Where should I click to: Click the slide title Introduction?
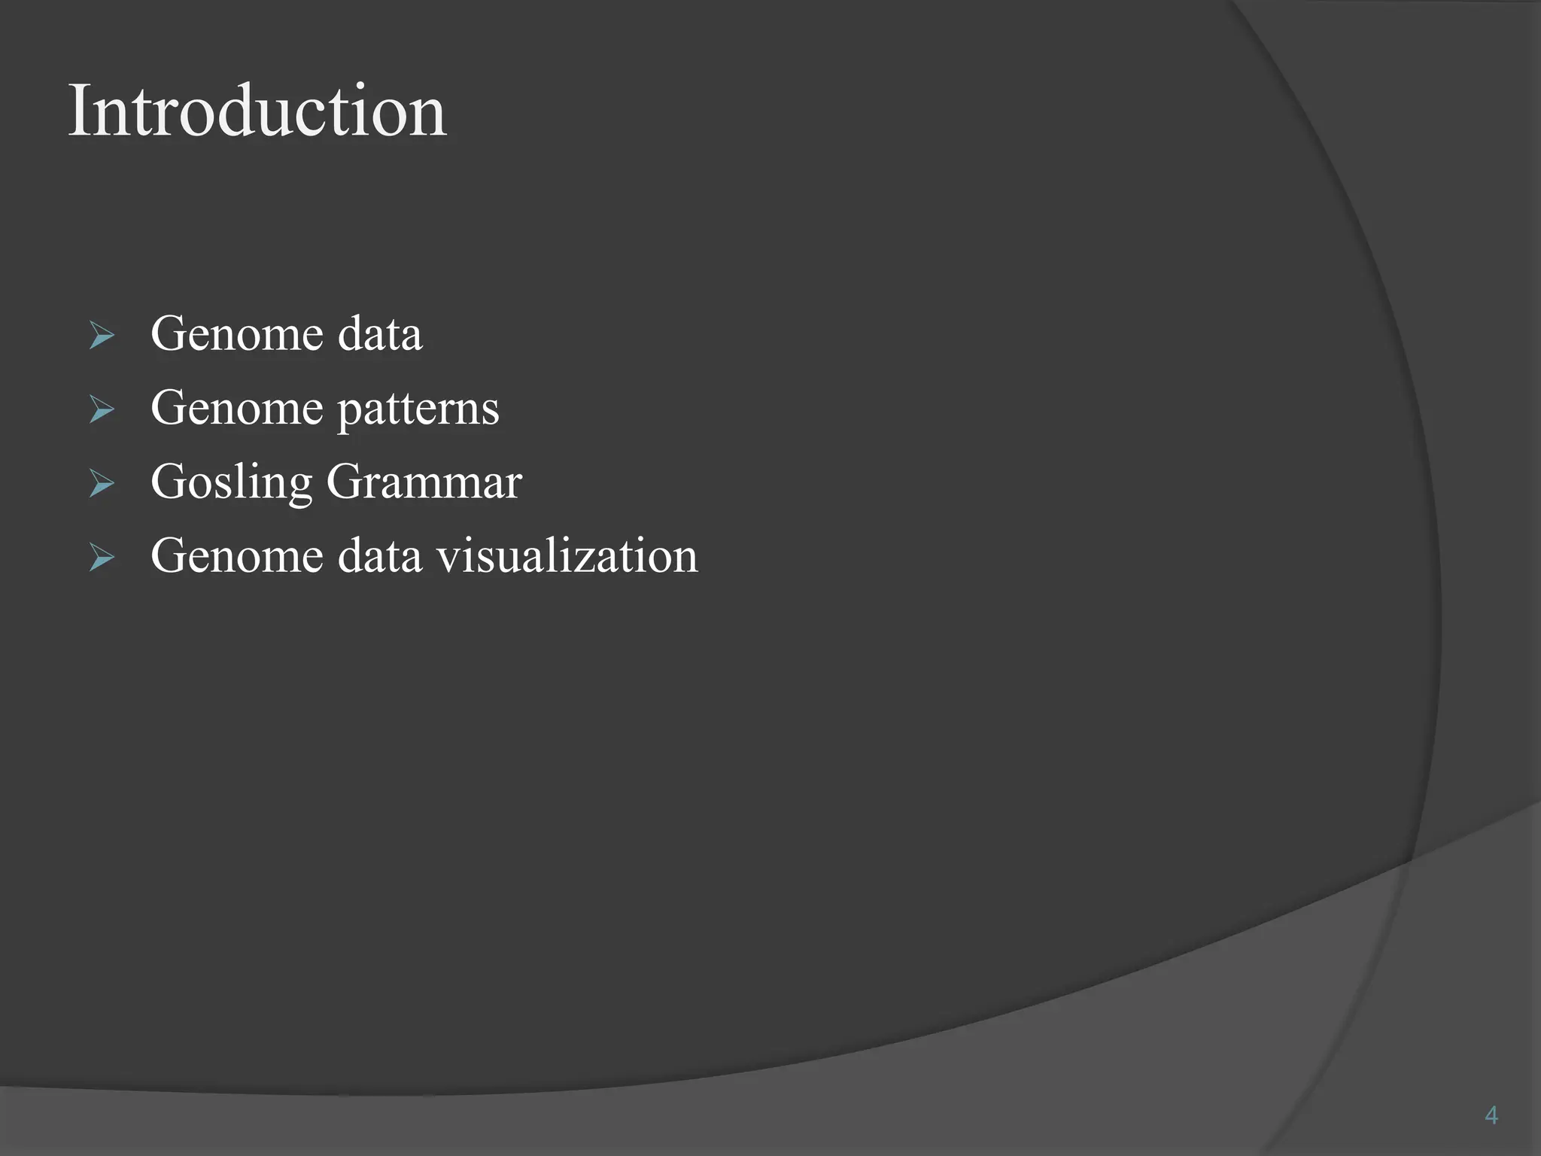(257, 111)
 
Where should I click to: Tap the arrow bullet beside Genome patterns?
(102, 409)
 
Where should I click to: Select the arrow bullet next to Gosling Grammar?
(102, 482)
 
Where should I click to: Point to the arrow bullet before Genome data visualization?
(102, 557)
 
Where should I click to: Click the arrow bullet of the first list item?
(102, 334)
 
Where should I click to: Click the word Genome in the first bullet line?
(236, 333)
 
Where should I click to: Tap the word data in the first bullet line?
(379, 333)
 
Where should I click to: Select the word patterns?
(418, 409)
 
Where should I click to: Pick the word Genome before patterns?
(236, 408)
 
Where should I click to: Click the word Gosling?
(231, 482)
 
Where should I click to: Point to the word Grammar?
(424, 482)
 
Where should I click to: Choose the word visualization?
(567, 556)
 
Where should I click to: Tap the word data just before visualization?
(379, 556)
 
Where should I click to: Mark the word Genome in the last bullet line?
(236, 556)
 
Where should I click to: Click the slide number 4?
(1491, 1115)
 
